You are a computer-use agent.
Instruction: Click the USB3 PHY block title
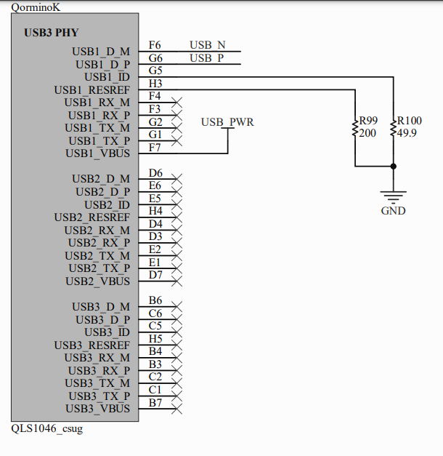(x=52, y=33)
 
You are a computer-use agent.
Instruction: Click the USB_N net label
(x=208, y=45)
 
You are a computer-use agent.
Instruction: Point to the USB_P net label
(x=207, y=58)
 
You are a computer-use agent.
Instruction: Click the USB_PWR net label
(x=227, y=122)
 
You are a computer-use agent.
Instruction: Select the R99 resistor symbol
(x=355, y=129)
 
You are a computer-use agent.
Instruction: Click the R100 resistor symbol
(x=393, y=129)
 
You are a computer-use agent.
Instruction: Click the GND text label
(x=393, y=211)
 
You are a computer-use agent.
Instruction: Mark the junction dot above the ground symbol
(x=393, y=167)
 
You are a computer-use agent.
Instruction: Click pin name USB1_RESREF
(x=92, y=90)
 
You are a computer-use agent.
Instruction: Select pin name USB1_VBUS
(x=98, y=153)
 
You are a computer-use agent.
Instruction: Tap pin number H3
(x=155, y=84)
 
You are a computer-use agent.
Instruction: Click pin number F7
(x=155, y=148)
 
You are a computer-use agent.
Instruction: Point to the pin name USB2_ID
(x=107, y=205)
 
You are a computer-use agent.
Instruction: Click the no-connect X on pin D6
(x=176, y=179)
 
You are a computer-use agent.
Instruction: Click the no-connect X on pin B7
(x=176, y=409)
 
